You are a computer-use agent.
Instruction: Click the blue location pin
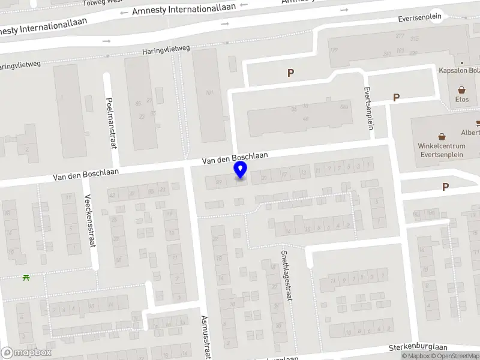tap(241, 170)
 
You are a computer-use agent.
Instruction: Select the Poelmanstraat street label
tap(111, 123)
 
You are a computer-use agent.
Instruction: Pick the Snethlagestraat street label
tap(285, 275)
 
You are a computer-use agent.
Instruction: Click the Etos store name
tap(462, 99)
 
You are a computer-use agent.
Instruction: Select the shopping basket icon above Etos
tap(463, 89)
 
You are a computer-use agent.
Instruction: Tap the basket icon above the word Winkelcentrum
tap(442, 136)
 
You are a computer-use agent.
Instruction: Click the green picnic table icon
tap(26, 277)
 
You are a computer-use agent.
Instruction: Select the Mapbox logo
tap(26, 353)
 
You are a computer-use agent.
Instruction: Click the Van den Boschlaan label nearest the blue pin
tap(235, 158)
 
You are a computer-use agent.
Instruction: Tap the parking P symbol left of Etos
tap(395, 97)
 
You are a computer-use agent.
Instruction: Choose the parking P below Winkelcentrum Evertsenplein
tap(445, 187)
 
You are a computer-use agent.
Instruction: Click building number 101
tap(209, 92)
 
